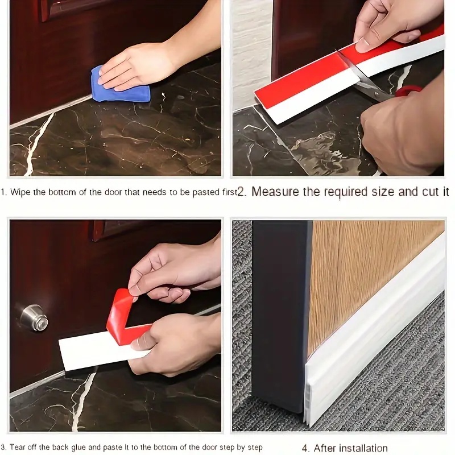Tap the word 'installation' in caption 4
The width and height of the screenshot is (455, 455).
[x=363, y=448]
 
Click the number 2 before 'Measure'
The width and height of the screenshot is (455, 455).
[x=241, y=192]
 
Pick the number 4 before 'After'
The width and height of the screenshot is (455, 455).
[x=305, y=448]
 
